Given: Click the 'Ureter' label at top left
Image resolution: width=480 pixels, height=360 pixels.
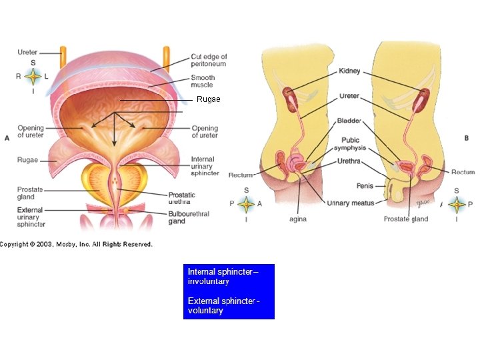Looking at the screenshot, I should tap(28, 52).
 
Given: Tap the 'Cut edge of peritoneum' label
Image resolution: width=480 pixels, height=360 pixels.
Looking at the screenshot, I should tap(209, 61).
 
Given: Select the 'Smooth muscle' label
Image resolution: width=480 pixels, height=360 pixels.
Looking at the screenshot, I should tap(203, 81).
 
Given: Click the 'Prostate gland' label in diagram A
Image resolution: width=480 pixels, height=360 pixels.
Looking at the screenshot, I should tap(30, 193).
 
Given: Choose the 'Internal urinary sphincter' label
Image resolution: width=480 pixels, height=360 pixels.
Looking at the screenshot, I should tap(204, 165).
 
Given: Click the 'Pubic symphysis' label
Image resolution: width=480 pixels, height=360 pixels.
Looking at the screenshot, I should tap(351, 143).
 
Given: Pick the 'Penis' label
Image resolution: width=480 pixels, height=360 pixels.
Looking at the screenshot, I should tap(365, 186).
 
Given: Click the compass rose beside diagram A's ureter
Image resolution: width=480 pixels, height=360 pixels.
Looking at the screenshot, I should tap(33, 76).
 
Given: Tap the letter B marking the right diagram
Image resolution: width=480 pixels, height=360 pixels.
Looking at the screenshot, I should tap(466, 138).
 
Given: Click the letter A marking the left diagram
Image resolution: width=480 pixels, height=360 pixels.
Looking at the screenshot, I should tap(7, 138).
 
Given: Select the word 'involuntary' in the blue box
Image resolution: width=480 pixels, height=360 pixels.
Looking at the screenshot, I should tap(209, 281).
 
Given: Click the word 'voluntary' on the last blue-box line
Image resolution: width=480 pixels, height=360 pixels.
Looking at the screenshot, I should tap(205, 311).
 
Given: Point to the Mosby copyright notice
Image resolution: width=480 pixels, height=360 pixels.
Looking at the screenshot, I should tap(77, 244).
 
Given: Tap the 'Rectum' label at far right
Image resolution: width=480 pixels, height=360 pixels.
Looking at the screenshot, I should tap(463, 172).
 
